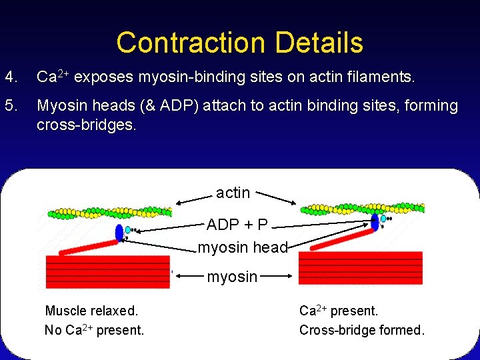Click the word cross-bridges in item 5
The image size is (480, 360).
pyautogui.click(x=86, y=125)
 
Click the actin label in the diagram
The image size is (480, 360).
pyautogui.click(x=233, y=193)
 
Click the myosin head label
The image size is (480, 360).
pyautogui.click(x=243, y=248)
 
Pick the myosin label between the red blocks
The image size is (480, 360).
pyautogui.click(x=232, y=277)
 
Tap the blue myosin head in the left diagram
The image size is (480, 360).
pyautogui.click(x=119, y=233)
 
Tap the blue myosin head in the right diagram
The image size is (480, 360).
pyautogui.click(x=375, y=221)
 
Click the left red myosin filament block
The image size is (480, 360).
pyautogui.click(x=107, y=273)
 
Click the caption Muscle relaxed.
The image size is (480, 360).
pyautogui.click(x=91, y=311)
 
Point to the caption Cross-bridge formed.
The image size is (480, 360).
pyautogui.click(x=361, y=330)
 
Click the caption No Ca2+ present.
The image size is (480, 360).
pyautogui.click(x=94, y=330)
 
